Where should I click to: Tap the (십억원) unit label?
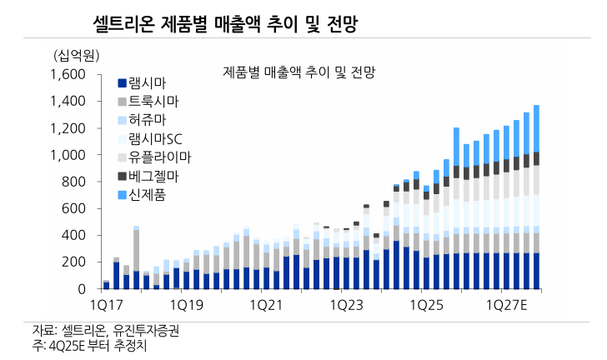(76, 56)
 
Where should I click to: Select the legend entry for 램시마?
(148, 82)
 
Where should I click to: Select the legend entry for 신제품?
(148, 195)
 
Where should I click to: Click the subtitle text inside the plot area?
(300, 72)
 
